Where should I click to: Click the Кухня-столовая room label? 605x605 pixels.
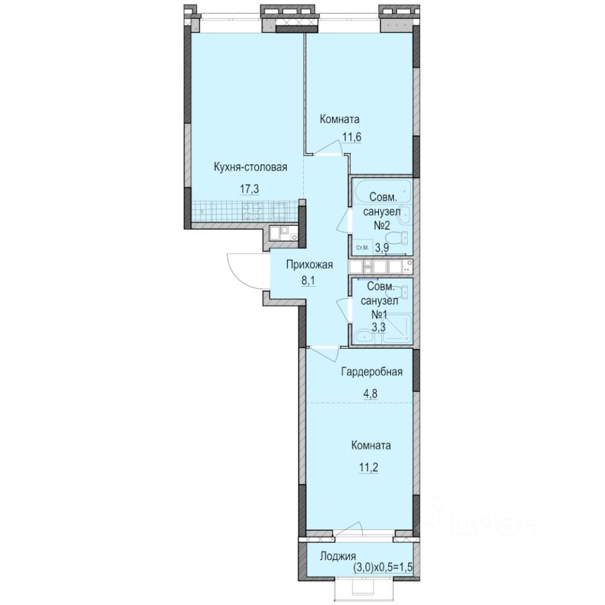tap(250, 168)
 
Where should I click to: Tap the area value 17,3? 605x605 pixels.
tap(250, 190)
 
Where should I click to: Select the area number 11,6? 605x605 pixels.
tap(352, 137)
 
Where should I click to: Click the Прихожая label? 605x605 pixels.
tap(309, 265)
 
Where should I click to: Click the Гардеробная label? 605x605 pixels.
tap(372, 372)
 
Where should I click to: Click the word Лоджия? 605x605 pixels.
tap(338, 556)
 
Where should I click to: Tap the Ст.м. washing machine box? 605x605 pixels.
tap(362, 247)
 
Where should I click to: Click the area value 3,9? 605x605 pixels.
tap(382, 248)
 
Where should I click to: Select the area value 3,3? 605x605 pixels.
tap(379, 328)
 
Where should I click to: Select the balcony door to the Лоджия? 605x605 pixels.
tap(349, 529)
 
